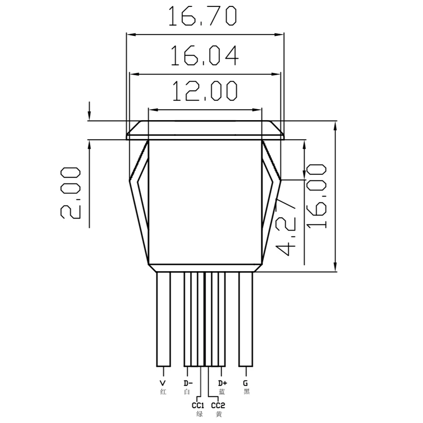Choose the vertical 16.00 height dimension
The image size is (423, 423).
pos(317,196)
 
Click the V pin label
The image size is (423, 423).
pos(163,383)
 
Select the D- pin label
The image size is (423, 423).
pos(187,383)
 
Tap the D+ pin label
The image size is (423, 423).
pos(222,383)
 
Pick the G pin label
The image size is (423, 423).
pos(246,383)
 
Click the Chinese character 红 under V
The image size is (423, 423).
pos(163,392)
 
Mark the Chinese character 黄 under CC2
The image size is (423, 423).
pos(219,415)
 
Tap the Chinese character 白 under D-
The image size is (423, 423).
pos(187,392)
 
